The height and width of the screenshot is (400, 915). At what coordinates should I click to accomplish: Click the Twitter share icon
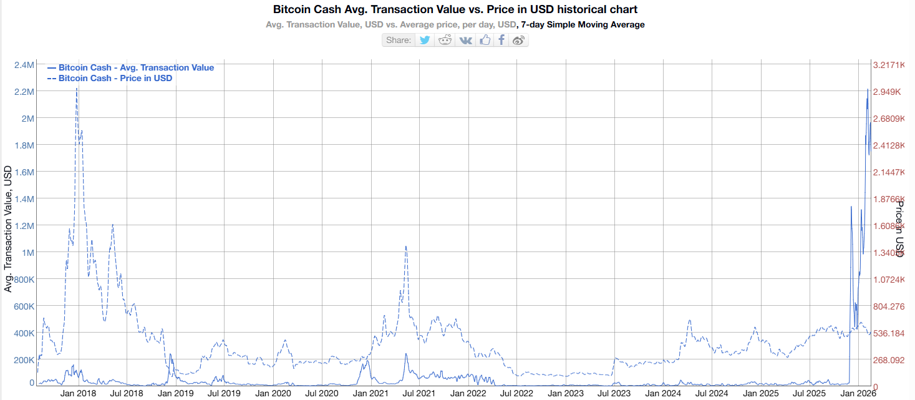coord(425,40)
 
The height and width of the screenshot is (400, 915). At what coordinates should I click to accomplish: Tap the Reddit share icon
coord(445,40)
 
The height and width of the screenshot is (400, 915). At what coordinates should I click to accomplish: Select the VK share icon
coord(465,40)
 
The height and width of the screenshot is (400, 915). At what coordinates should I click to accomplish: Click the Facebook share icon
coord(501,40)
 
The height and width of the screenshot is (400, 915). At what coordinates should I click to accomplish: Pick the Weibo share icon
coord(518,40)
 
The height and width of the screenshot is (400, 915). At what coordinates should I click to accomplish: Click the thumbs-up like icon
coord(485,40)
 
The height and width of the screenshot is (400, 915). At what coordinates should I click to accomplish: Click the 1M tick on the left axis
coord(27,252)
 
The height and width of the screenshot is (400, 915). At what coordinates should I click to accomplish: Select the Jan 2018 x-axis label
coord(78,394)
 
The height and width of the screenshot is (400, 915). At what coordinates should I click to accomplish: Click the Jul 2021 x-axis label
coord(417,394)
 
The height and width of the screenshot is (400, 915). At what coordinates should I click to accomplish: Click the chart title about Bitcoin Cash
coord(455,10)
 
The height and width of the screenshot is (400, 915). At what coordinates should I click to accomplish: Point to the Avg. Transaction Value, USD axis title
coord(8,229)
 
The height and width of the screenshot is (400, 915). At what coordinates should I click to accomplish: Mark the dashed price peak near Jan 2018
coord(77,89)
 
